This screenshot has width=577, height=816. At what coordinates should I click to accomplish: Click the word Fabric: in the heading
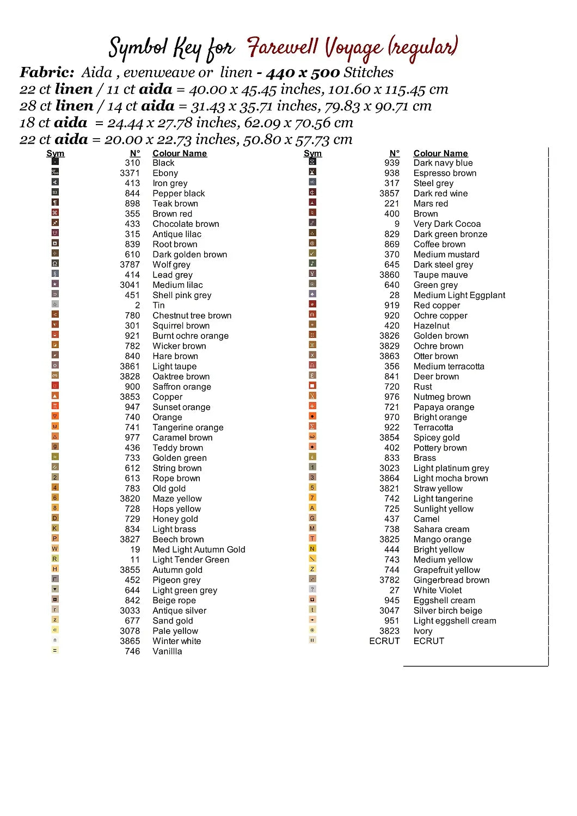point(47,72)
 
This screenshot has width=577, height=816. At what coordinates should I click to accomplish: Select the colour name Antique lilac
point(177,234)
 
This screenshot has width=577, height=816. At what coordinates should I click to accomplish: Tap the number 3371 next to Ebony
point(130,173)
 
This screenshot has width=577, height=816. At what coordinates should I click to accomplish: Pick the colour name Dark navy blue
point(443,163)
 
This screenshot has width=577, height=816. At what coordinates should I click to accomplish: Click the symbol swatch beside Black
point(55,162)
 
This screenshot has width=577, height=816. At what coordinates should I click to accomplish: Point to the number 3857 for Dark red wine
point(389,193)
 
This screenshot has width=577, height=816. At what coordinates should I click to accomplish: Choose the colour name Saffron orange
point(182,387)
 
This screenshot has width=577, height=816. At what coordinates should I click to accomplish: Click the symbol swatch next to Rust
point(312,386)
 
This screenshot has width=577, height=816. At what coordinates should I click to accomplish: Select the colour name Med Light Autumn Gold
point(199,549)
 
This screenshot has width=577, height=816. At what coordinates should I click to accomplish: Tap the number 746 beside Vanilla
point(132,651)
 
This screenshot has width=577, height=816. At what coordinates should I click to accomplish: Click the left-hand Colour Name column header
point(180,153)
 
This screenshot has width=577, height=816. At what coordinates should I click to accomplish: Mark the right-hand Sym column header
point(312,153)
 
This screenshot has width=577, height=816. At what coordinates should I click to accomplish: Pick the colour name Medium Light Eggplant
point(459,295)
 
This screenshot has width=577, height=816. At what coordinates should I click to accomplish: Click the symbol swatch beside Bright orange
point(312,416)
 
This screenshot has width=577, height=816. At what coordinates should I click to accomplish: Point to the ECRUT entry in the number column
point(384,641)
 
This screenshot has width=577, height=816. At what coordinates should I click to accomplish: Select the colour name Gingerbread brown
point(451,580)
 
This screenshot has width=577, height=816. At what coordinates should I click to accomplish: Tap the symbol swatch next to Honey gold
point(55,518)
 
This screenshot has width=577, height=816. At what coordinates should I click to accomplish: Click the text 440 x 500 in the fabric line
point(303,72)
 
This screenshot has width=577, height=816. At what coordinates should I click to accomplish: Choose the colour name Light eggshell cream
point(455,621)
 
